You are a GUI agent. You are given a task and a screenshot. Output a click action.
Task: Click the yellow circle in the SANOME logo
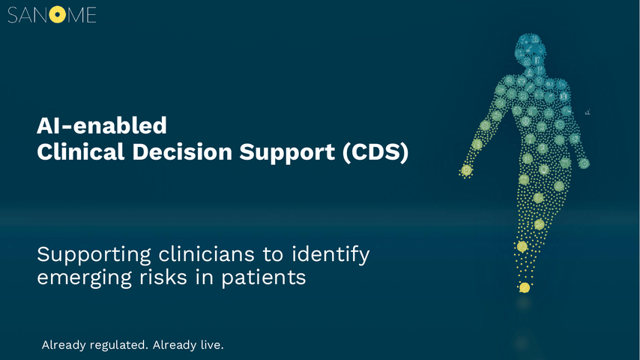pyautogui.click(x=58, y=15)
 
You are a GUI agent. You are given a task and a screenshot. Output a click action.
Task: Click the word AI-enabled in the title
pyautogui.click(x=102, y=125)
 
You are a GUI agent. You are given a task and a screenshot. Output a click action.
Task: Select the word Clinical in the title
pyautogui.click(x=80, y=152)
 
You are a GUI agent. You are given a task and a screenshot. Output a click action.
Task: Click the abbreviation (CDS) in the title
pyautogui.click(x=375, y=153)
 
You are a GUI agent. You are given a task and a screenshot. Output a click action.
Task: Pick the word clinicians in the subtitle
pyautogui.click(x=207, y=254)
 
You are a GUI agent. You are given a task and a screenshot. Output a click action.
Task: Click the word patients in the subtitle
pyautogui.click(x=264, y=278)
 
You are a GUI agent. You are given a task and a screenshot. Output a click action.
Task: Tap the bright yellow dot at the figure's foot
pyautogui.click(x=525, y=288)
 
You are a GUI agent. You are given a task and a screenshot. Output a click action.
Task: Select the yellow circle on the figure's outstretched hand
pyautogui.click(x=467, y=170)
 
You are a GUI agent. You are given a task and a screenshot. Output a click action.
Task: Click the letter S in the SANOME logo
pyautogui.click(x=13, y=15)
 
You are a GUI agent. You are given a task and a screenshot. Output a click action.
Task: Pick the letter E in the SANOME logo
pyautogui.click(x=91, y=15)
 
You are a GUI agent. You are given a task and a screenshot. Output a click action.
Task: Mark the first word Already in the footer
pyautogui.click(x=64, y=345)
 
